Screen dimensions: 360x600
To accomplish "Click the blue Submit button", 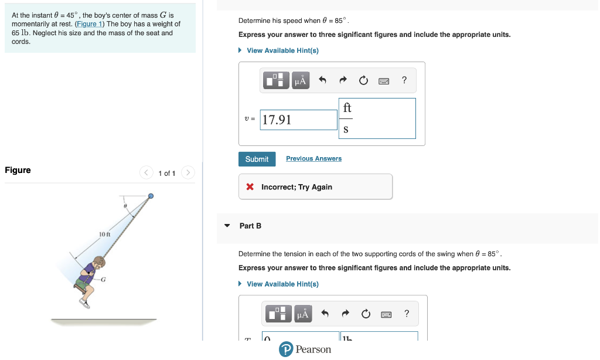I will (x=257, y=159).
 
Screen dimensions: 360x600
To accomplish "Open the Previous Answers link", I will (x=313, y=158).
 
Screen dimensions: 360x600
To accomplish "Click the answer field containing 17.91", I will (x=299, y=120).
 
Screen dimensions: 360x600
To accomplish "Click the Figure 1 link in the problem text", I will (x=90, y=24).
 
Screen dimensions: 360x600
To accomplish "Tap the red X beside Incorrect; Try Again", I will (x=250, y=187).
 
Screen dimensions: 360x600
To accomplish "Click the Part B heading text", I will (x=250, y=226).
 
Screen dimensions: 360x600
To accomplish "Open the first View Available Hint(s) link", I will (x=282, y=50).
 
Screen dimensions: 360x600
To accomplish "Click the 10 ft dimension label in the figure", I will (x=105, y=235).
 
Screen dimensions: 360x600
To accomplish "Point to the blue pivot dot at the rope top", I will (x=151, y=196).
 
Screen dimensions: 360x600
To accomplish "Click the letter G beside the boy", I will (x=103, y=279).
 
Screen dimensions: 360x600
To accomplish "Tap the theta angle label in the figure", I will (x=125, y=206).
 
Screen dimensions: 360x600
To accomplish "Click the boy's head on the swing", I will (x=98, y=261).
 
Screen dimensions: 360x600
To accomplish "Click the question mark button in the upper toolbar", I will (x=404, y=80).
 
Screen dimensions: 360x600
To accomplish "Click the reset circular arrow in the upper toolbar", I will (x=364, y=81).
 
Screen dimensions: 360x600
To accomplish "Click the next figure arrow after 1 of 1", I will (x=187, y=173).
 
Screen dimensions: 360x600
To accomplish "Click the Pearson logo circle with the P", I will (x=286, y=349).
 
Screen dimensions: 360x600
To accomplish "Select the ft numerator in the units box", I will (x=347, y=108).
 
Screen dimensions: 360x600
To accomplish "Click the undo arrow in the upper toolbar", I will (x=322, y=81).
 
